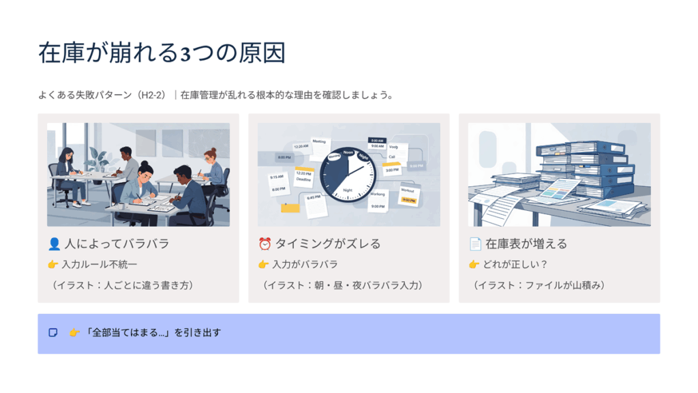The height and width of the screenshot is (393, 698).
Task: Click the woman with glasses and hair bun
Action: (x=212, y=164)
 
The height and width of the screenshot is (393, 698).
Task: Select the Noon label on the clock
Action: (x=349, y=152)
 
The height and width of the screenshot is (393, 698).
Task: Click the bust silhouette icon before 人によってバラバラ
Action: (x=55, y=244)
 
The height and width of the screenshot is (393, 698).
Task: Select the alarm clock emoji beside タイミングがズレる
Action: (x=264, y=244)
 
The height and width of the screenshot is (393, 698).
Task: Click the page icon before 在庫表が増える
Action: (x=475, y=244)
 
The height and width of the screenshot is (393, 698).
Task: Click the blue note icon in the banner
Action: (x=53, y=333)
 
